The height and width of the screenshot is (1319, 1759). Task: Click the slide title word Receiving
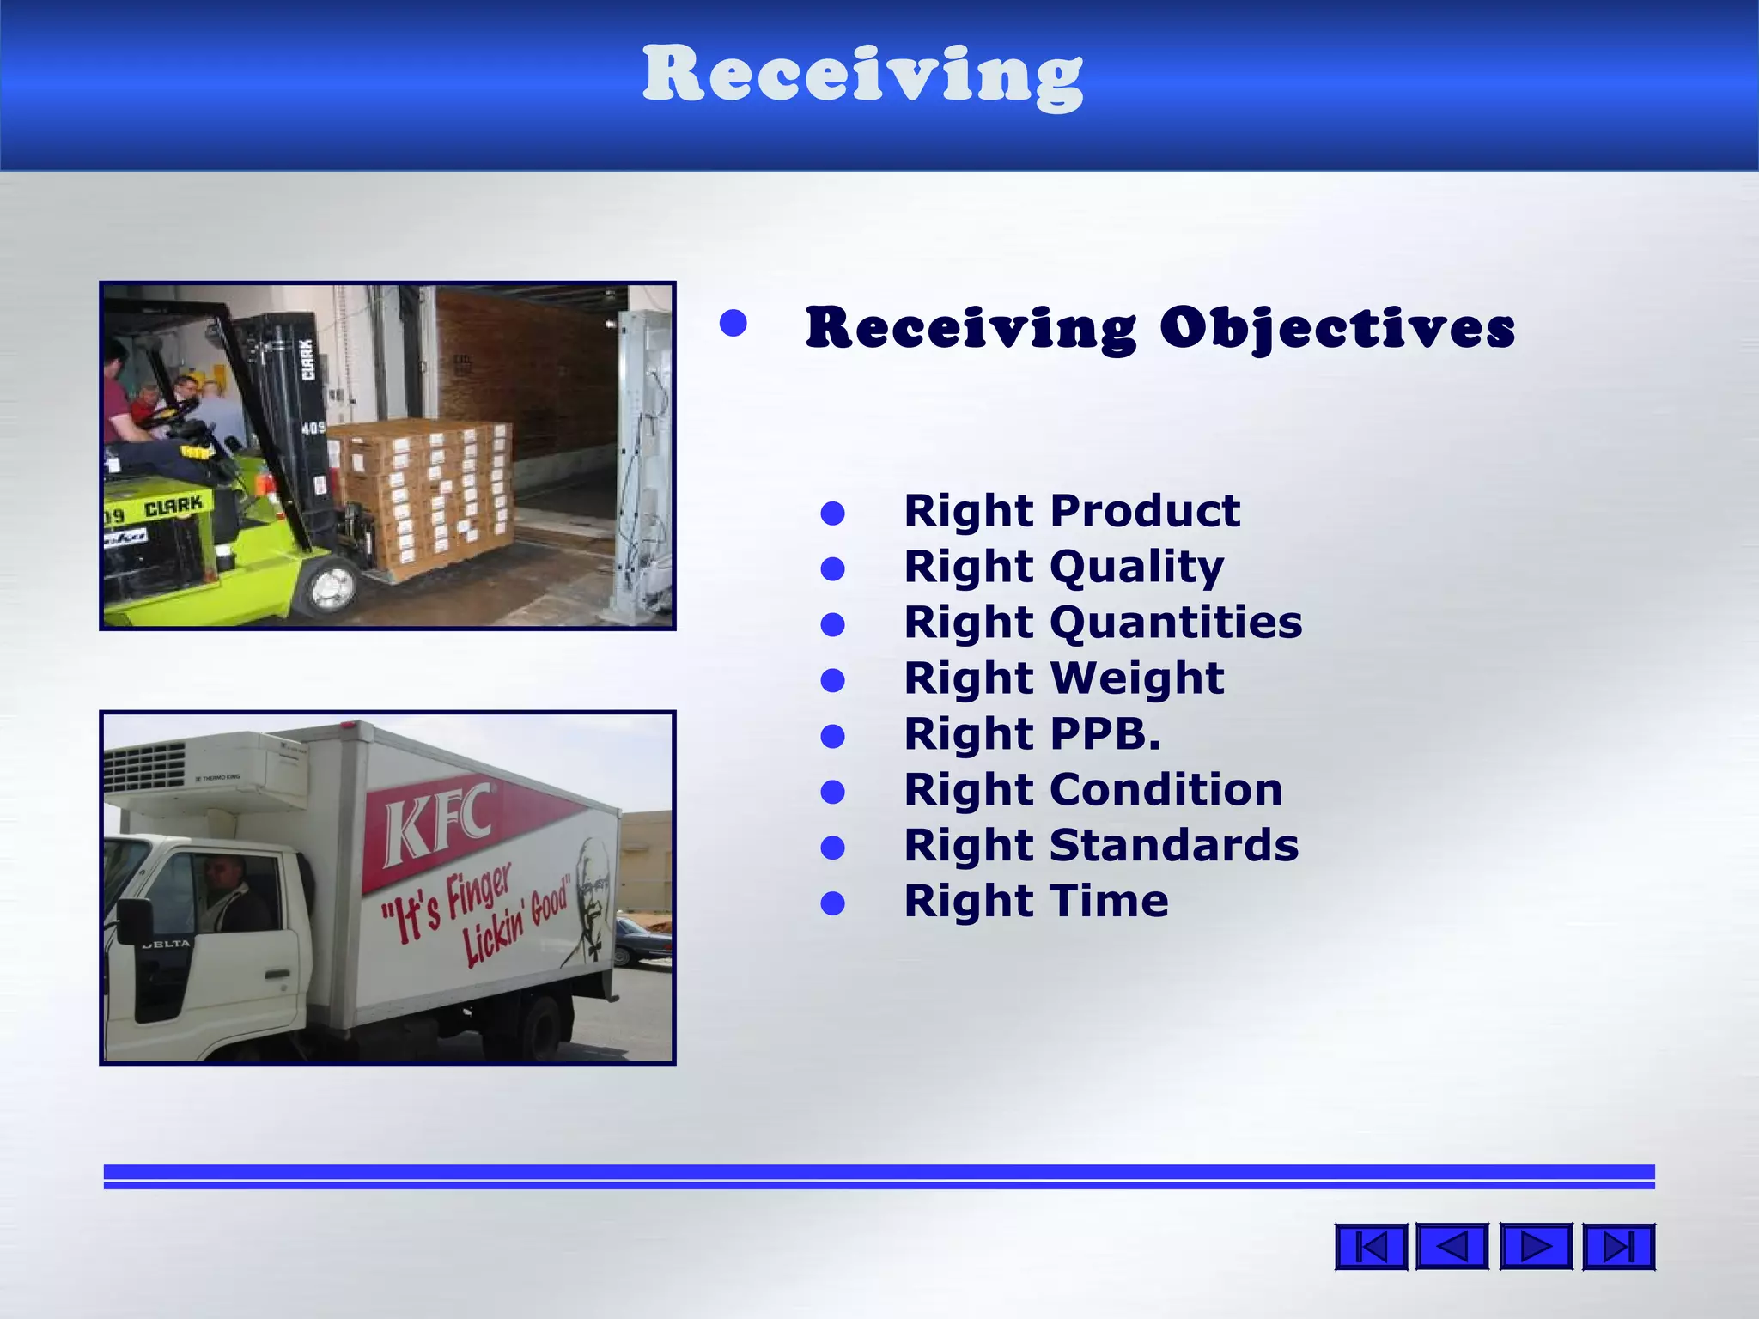coord(862,76)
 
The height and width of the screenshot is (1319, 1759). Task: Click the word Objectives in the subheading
coord(1337,328)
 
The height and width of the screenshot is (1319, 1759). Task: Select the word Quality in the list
coord(1137,567)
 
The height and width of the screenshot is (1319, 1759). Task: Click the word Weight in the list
coord(1137,678)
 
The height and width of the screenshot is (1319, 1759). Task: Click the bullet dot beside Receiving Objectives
coord(733,324)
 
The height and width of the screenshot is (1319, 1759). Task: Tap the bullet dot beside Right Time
coord(832,903)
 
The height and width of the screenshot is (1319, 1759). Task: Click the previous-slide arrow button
coord(1452,1246)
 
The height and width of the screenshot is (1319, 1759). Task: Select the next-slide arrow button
coord(1536,1246)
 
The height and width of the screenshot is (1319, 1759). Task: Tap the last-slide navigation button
coord(1618,1246)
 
